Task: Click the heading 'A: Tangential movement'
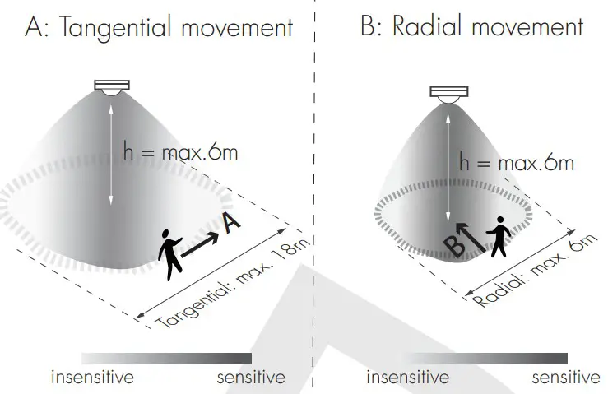pos(159,29)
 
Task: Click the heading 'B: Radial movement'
pos(471,27)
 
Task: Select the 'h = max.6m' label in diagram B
pos(516,164)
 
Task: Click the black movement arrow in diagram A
pos(200,245)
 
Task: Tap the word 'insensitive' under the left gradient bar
pos(92,378)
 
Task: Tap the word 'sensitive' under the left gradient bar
pos(251,378)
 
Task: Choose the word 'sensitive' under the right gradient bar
pos(566,378)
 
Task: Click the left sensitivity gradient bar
pos(166,359)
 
